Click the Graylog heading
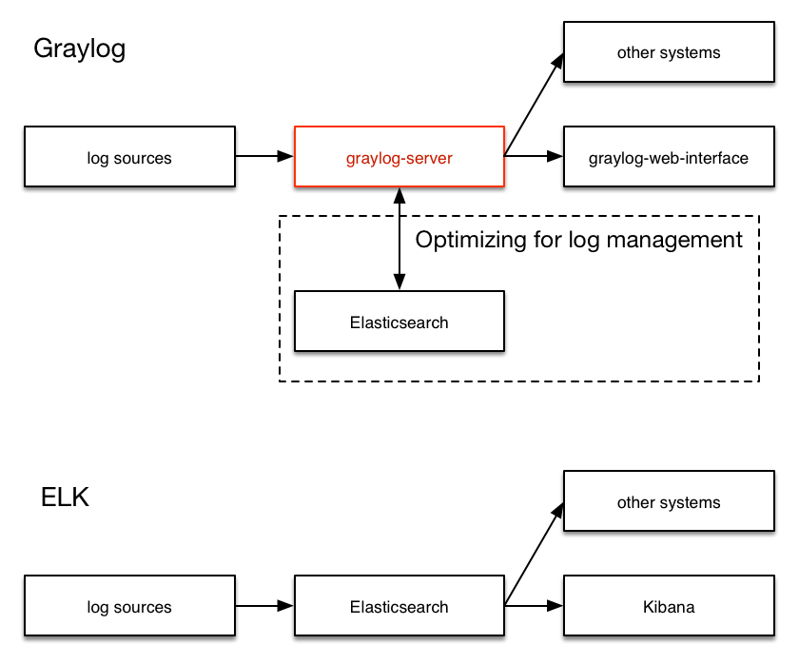[80, 49]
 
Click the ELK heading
[65, 498]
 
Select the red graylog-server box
[399, 158]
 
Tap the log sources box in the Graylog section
[129, 158]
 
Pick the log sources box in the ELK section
[129, 607]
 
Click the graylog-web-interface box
[669, 158]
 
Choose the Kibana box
[669, 607]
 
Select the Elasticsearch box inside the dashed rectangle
[399, 322]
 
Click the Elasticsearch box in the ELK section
[399, 607]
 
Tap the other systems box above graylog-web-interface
[669, 52]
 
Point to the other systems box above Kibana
[669, 502]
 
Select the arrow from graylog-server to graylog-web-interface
[533, 156]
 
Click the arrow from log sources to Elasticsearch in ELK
[264, 605]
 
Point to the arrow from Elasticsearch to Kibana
[533, 605]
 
